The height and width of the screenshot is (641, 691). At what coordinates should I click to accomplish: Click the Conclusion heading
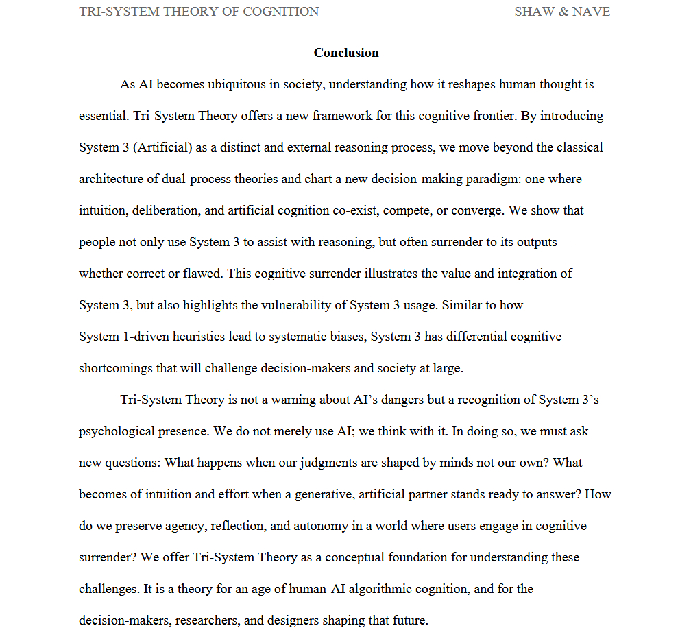pos(346,53)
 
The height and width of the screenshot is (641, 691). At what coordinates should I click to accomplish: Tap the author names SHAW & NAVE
pos(562,12)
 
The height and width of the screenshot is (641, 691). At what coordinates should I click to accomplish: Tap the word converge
pos(481,210)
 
